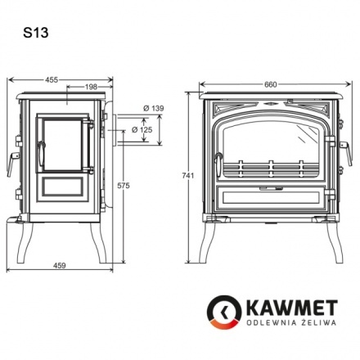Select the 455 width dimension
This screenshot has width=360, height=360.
(x=51, y=79)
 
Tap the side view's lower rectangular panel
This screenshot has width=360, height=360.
(x=61, y=187)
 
